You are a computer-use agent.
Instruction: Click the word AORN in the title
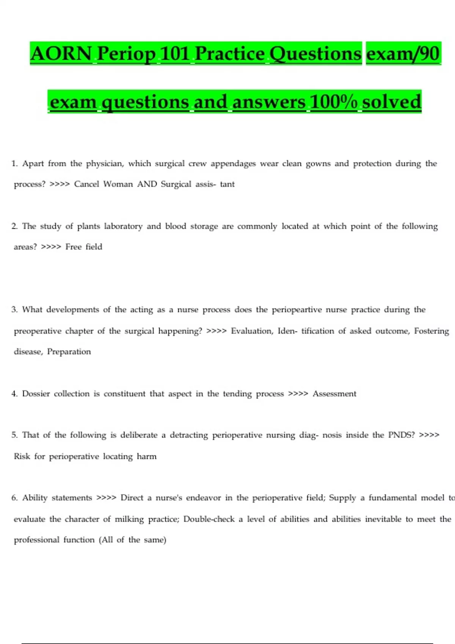[x=61, y=53]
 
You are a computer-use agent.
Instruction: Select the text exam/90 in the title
[x=403, y=53]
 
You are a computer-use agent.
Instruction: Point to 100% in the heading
[x=333, y=102]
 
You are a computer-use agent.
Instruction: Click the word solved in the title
[x=391, y=102]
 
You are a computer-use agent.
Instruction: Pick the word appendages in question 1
[x=233, y=164]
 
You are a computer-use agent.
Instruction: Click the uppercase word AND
[x=147, y=184]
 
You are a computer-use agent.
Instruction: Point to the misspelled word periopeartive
[x=297, y=310]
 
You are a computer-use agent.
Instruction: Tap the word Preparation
[x=69, y=352]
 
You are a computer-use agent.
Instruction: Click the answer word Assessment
[x=334, y=394]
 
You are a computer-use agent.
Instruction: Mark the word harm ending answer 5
[x=147, y=456]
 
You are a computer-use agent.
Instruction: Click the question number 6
[x=14, y=498]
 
